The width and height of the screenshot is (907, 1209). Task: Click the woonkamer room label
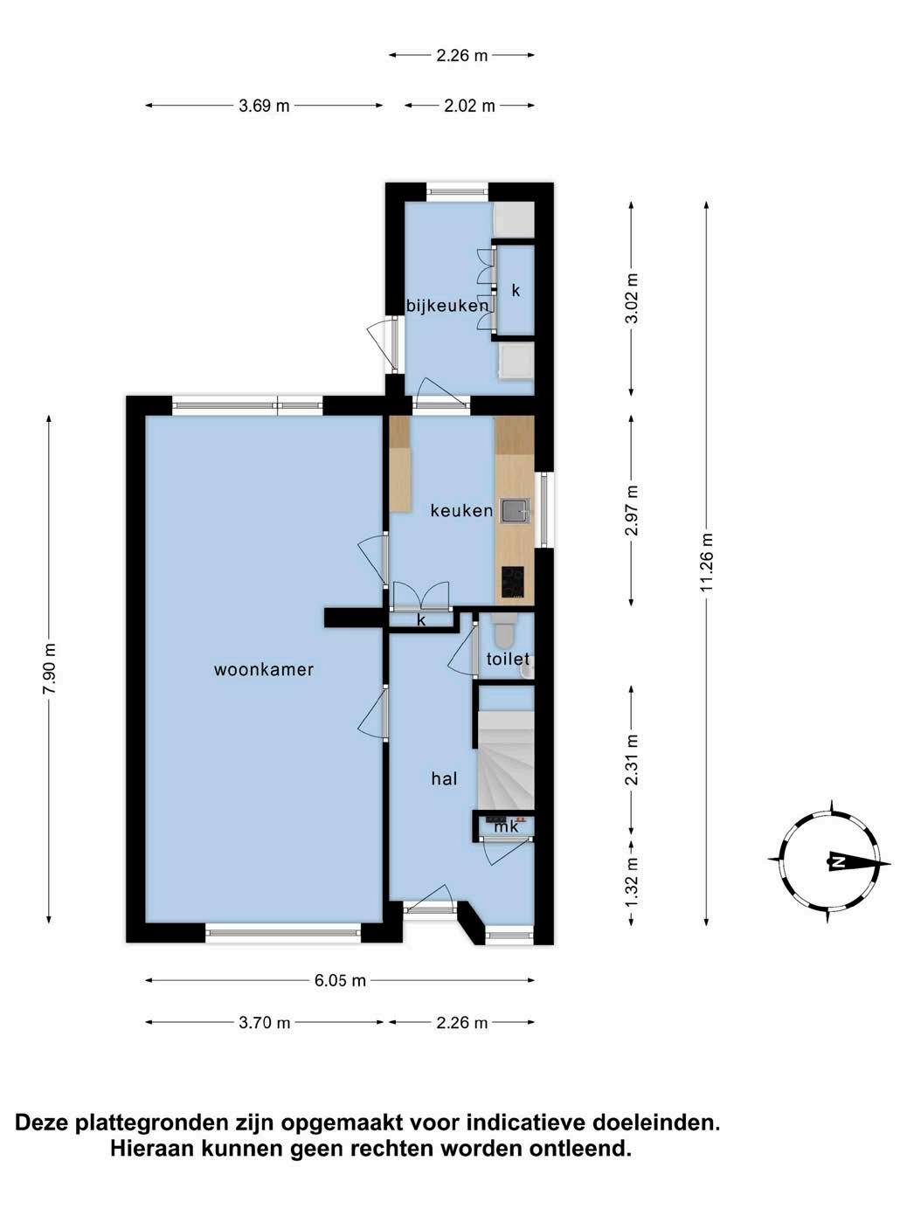tap(264, 670)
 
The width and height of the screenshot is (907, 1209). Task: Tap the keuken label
tap(461, 510)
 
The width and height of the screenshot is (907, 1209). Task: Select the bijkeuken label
tap(447, 306)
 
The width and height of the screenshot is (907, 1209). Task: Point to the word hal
tap(445, 778)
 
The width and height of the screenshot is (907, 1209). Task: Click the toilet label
tap(508, 659)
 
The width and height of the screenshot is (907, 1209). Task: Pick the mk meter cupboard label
tap(507, 826)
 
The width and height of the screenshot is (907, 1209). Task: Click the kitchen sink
tap(516, 510)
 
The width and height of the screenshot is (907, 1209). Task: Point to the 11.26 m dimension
tap(707, 563)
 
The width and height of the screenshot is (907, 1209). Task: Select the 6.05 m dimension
tap(340, 980)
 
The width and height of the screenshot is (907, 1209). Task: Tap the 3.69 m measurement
tap(264, 106)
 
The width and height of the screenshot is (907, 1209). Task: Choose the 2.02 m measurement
tap(470, 106)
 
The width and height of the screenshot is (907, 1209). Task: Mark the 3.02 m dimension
tap(632, 298)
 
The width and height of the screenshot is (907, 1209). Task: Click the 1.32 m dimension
tap(632, 882)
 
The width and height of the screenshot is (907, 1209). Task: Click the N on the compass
tap(837, 862)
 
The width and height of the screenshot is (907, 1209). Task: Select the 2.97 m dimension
tap(632, 510)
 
